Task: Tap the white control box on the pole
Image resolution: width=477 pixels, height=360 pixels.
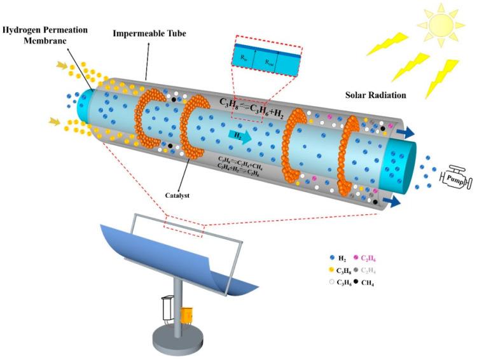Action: click(x=169, y=308)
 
